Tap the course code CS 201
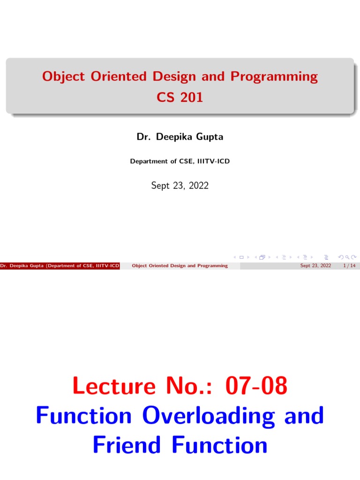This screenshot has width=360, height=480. (180, 98)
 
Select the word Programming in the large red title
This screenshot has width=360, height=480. (274, 76)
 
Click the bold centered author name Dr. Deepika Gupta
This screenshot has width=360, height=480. (180, 137)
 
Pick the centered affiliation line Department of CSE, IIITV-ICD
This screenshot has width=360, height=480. (180, 161)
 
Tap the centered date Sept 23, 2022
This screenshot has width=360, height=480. (180, 186)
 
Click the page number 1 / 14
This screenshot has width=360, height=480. (349, 266)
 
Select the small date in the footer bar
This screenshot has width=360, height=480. (315, 266)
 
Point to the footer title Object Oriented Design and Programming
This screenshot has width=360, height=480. (180, 266)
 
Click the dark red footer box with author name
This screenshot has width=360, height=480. (60, 266)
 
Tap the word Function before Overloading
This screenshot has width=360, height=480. (84, 416)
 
